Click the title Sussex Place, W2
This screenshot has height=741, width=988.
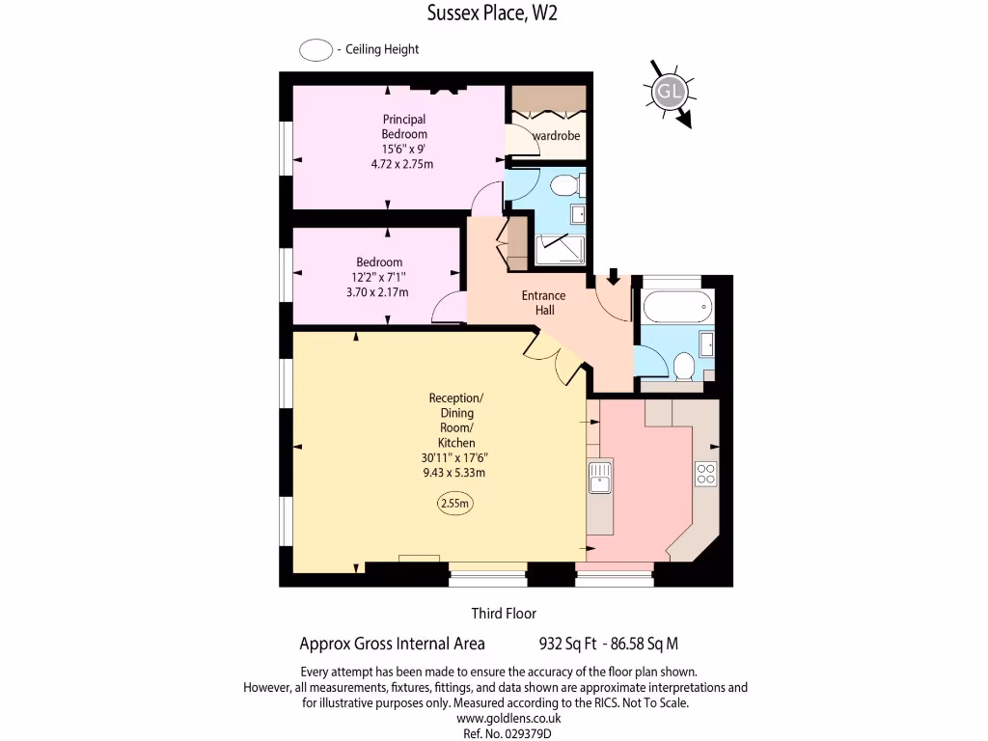pyautogui.click(x=492, y=13)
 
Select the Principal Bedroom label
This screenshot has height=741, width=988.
pyautogui.click(x=403, y=126)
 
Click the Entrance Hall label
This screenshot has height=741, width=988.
pyautogui.click(x=544, y=302)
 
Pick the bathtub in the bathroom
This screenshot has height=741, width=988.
pyautogui.click(x=678, y=305)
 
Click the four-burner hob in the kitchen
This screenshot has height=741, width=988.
pyautogui.click(x=705, y=474)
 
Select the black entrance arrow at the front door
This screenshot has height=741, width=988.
pyautogui.click(x=614, y=277)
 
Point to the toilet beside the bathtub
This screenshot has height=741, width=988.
pyautogui.click(x=683, y=366)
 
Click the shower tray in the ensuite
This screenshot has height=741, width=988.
pyautogui.click(x=560, y=249)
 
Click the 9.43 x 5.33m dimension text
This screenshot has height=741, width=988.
pyautogui.click(x=453, y=473)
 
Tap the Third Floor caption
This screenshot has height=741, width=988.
pyautogui.click(x=504, y=614)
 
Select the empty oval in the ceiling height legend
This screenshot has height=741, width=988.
pyautogui.click(x=316, y=50)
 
